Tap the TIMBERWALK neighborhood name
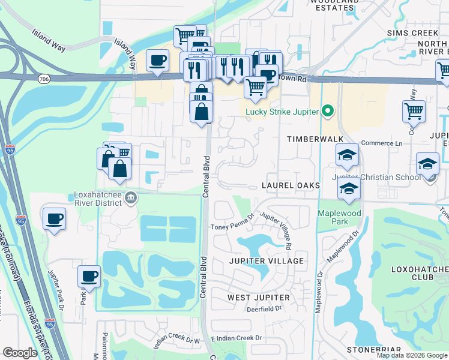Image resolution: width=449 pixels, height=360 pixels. click(x=315, y=139)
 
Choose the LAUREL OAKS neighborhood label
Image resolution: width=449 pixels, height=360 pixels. click(x=291, y=186)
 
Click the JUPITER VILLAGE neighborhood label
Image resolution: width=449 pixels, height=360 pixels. click(x=266, y=261)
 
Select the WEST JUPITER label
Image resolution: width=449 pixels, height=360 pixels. click(x=259, y=298)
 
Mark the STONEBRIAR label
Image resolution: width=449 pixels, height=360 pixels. click(x=373, y=349)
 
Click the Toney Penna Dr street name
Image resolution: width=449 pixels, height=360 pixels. click(x=232, y=226)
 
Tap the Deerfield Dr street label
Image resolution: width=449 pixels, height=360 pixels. click(x=264, y=309)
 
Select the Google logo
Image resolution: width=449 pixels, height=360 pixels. click(x=20, y=353)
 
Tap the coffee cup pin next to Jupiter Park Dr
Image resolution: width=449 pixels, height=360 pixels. click(x=89, y=277)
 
